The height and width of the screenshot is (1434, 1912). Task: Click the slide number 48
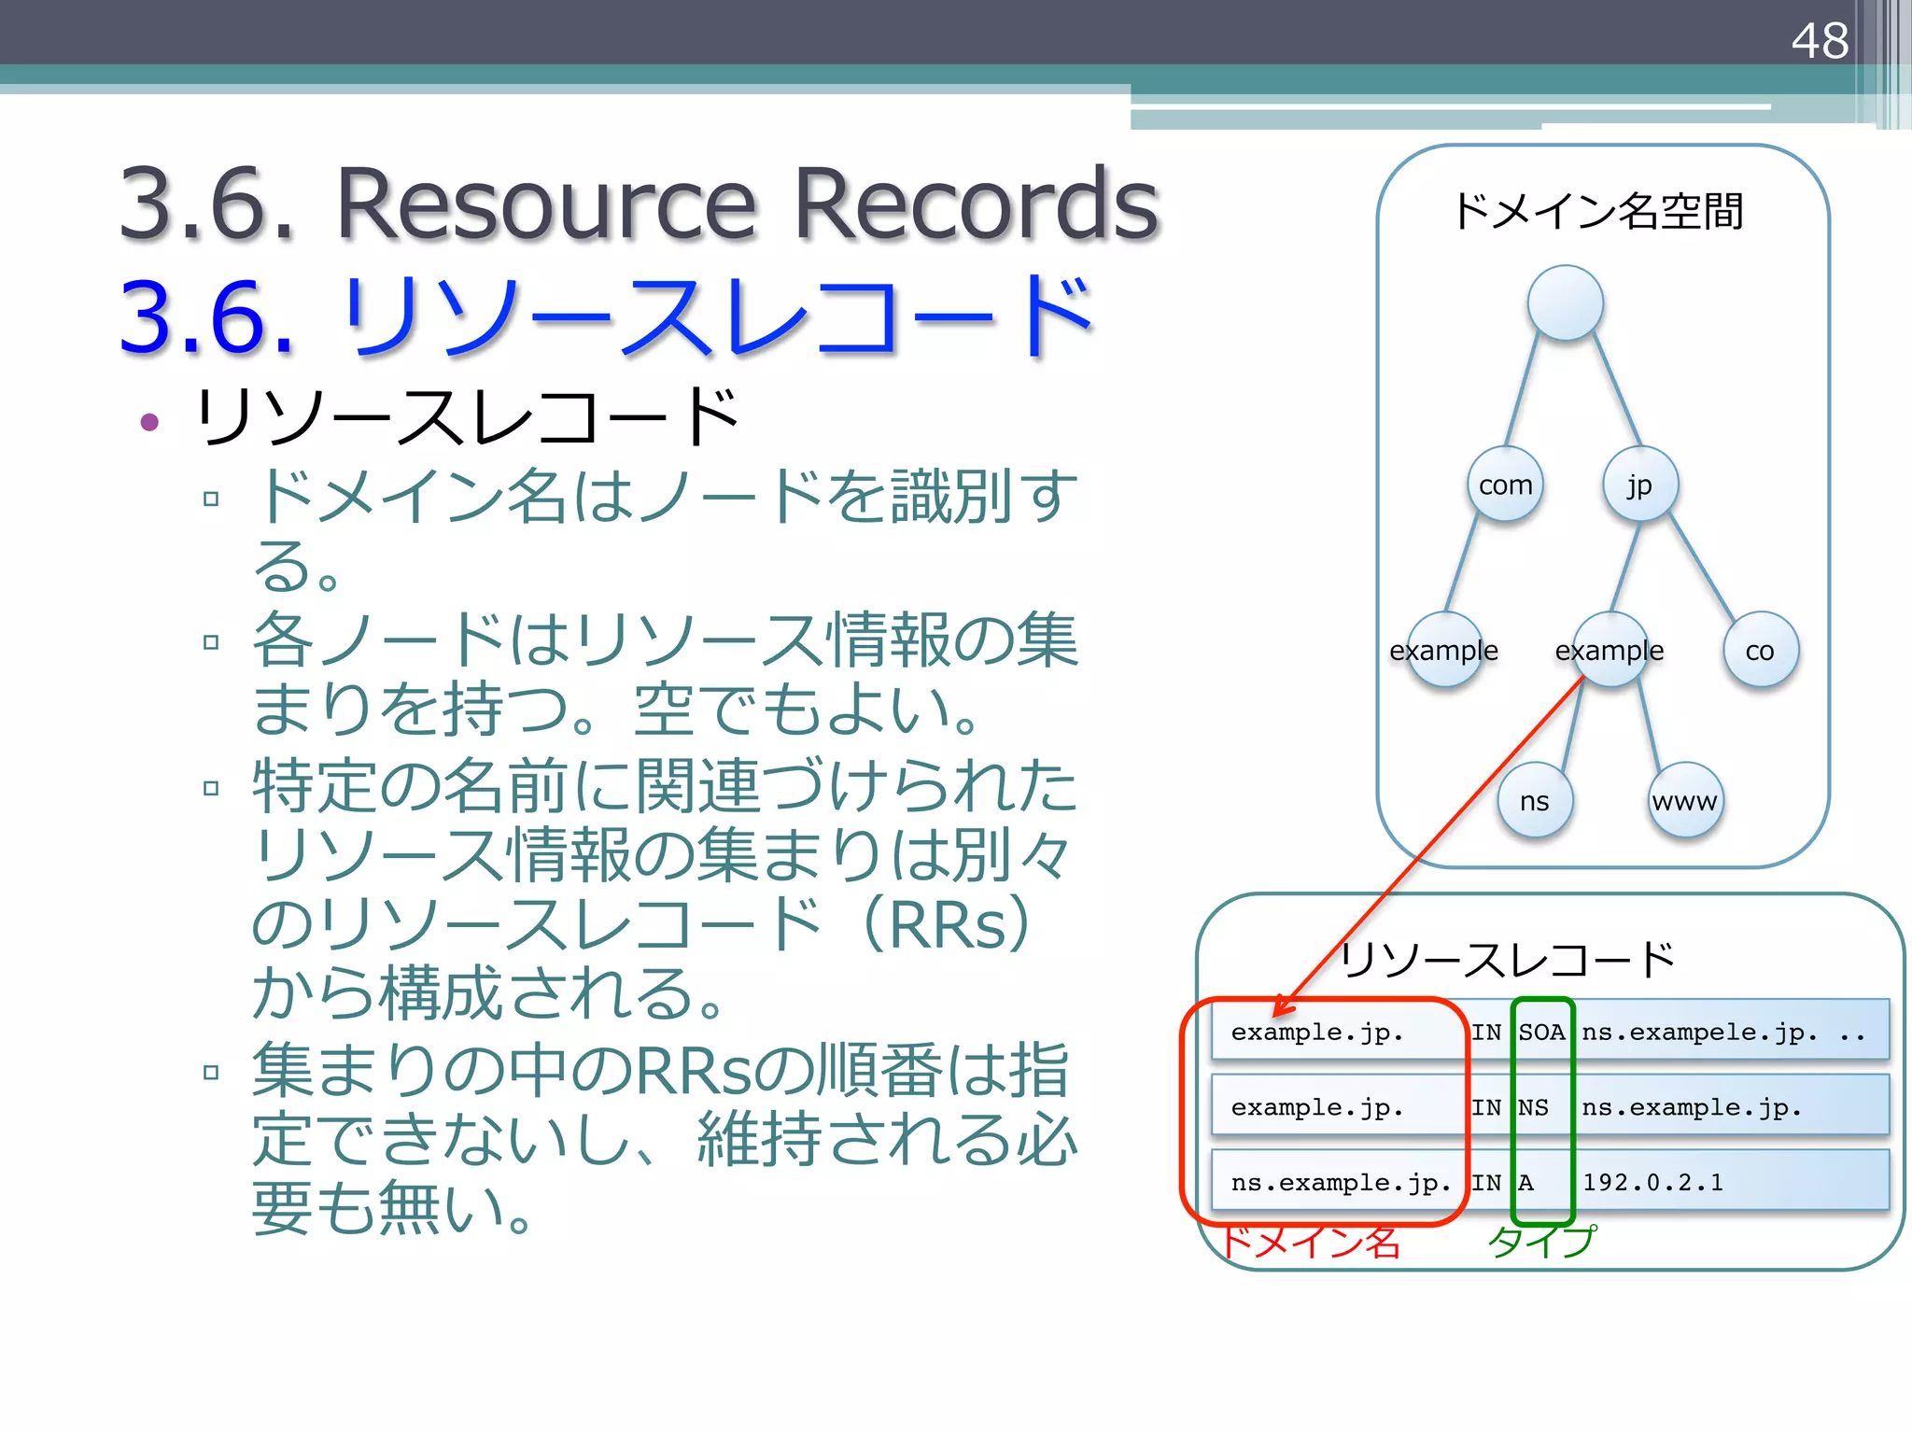1819,41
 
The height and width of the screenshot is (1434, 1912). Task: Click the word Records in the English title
975,204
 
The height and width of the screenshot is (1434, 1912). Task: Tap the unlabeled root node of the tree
1565,302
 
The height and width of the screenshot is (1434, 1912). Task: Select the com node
1505,485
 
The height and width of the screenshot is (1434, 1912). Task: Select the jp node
1639,485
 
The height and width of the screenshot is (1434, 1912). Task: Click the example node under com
1444,650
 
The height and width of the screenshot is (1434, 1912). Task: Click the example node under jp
1609,650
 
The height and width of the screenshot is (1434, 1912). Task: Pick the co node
1760,650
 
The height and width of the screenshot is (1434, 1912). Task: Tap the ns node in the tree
1534,801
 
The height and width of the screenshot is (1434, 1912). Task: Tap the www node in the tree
1684,801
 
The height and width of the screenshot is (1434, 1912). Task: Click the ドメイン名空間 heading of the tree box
1598,211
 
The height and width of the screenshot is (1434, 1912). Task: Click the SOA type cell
1540,1032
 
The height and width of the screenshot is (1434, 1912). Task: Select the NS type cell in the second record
1533,1107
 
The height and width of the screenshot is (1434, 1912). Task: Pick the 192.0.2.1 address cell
1652,1182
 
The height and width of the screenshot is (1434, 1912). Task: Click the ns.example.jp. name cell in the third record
1341,1182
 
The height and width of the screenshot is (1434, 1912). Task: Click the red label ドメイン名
1311,1242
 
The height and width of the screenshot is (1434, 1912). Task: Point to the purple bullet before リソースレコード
149,422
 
